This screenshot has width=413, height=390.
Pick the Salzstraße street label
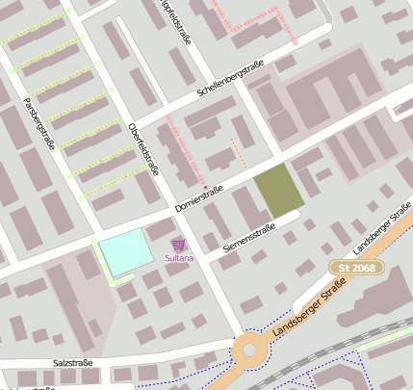point(72,363)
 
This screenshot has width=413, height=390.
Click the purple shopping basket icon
point(177,246)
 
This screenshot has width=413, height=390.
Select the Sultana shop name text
point(178,258)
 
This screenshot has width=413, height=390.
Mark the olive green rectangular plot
point(278,190)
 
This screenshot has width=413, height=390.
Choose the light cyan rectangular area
point(127,252)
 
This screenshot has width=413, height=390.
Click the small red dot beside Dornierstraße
point(204,186)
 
